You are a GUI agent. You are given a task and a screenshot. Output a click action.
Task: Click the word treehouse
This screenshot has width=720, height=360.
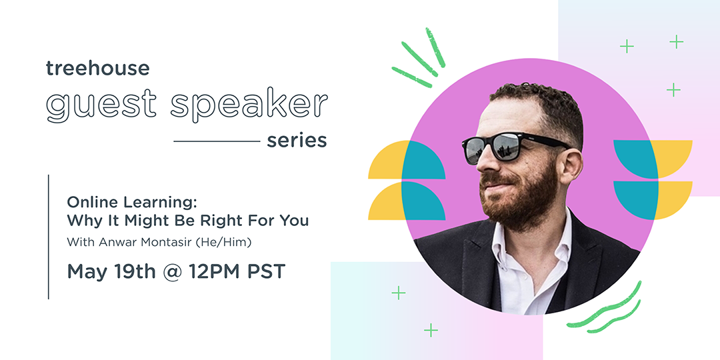[x=98, y=67]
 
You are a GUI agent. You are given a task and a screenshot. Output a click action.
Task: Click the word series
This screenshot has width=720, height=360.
[x=297, y=141]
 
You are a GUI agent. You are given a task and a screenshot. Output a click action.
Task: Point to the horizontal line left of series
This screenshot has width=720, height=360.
[x=217, y=141]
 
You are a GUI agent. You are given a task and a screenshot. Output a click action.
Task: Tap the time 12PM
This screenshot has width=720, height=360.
[x=213, y=271]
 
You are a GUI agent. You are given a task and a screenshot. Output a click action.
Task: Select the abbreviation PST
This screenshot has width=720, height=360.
[x=267, y=271]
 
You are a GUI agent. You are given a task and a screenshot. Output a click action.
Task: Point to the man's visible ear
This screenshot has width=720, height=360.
[x=571, y=163]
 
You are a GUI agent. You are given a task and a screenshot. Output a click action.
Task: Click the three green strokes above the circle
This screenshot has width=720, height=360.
[x=419, y=56]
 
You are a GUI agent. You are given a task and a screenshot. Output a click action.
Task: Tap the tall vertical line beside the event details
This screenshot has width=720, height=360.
[x=48, y=237]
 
